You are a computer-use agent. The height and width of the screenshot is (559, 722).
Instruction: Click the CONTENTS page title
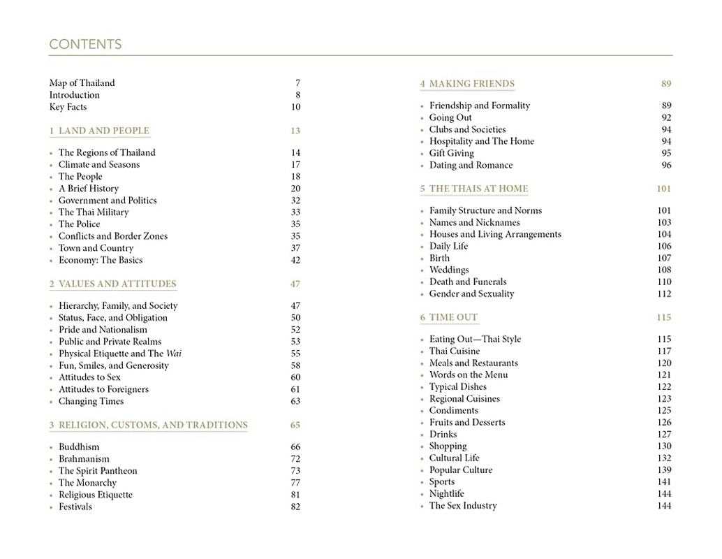point(85,45)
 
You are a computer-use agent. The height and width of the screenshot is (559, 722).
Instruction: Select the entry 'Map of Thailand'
point(82,83)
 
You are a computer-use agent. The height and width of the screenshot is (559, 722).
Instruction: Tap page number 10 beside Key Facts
point(295,107)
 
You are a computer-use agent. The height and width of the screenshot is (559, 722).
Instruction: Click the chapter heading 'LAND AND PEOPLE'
point(103,131)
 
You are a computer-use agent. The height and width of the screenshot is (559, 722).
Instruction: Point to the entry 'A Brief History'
point(89,189)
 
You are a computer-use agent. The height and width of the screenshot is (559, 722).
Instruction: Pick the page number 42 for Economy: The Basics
point(295,260)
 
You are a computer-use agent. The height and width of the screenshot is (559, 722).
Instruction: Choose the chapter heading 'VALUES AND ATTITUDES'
point(117,284)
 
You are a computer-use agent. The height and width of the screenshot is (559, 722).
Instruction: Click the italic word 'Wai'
point(174,354)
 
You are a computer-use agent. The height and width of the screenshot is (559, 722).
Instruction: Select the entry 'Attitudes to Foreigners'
point(103,389)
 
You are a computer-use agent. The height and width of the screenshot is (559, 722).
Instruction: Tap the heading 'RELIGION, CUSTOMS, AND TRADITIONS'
point(153,425)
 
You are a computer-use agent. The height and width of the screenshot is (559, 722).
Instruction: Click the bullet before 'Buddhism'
point(52,447)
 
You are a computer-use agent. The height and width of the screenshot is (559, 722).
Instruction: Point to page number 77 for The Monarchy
point(295,483)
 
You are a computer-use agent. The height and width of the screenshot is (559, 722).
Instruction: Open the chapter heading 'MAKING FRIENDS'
point(472,84)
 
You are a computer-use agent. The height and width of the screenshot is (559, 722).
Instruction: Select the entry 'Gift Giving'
point(451,153)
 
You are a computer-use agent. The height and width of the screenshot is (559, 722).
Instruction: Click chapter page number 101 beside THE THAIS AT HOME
point(663,189)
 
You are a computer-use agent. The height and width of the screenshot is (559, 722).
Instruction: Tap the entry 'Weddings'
point(449,270)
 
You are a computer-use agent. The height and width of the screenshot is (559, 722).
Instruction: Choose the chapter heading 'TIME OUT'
point(453,317)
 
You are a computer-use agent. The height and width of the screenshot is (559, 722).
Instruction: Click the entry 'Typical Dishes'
point(459,386)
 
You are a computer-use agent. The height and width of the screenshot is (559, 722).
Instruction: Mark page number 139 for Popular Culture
point(663,470)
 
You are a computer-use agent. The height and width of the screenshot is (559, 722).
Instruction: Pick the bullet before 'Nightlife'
point(422,494)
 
